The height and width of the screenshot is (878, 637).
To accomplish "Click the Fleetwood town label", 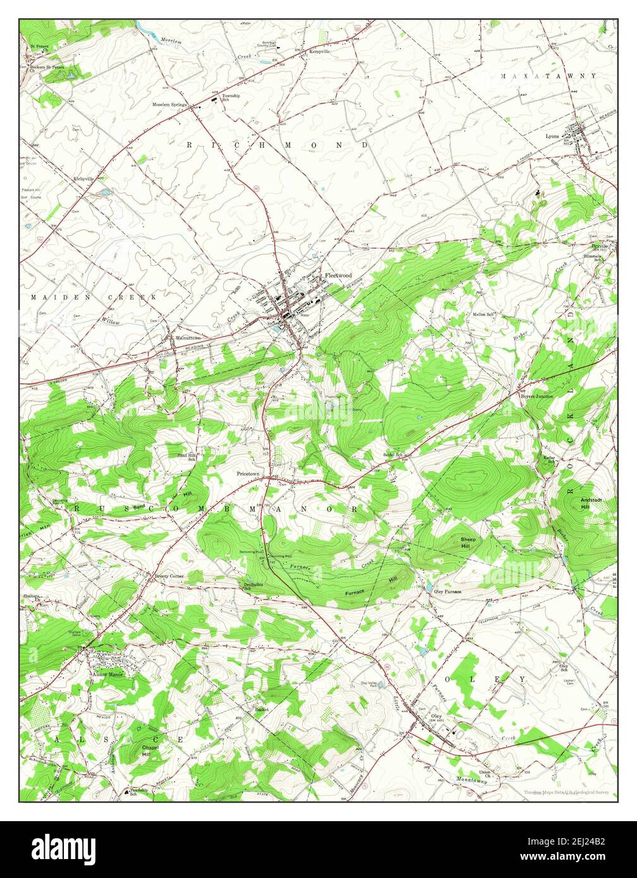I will pyautogui.click(x=338, y=275).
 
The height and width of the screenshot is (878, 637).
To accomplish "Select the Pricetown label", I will pyautogui.click(x=248, y=473).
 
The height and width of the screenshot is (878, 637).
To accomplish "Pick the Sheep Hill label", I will pyautogui.click(x=468, y=543).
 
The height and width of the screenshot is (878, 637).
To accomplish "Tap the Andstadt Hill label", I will pyautogui.click(x=586, y=503).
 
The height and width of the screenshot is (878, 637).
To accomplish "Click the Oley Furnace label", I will pyautogui.click(x=447, y=591).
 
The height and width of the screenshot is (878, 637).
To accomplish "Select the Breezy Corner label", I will pyautogui.click(x=169, y=576).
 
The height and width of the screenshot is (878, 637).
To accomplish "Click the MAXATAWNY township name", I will pyautogui.click(x=548, y=76).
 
